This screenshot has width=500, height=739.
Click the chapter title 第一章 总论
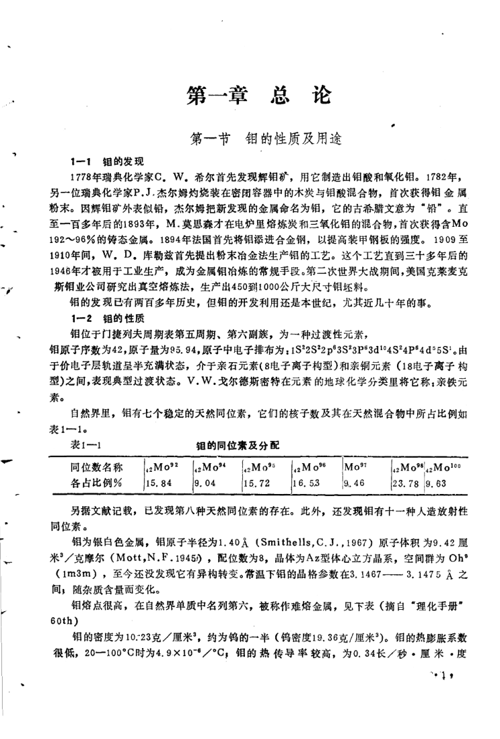(x=259, y=96)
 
